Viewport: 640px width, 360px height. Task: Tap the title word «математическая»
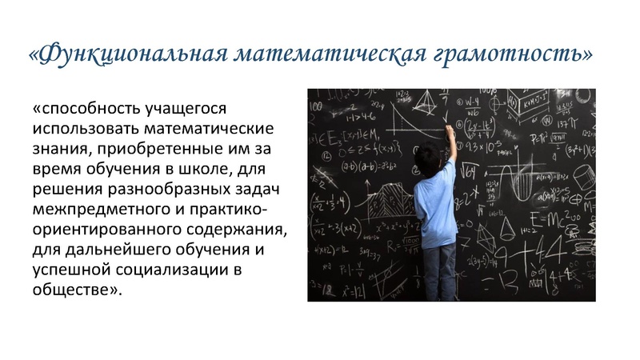329,54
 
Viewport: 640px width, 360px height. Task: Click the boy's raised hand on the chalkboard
449,130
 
